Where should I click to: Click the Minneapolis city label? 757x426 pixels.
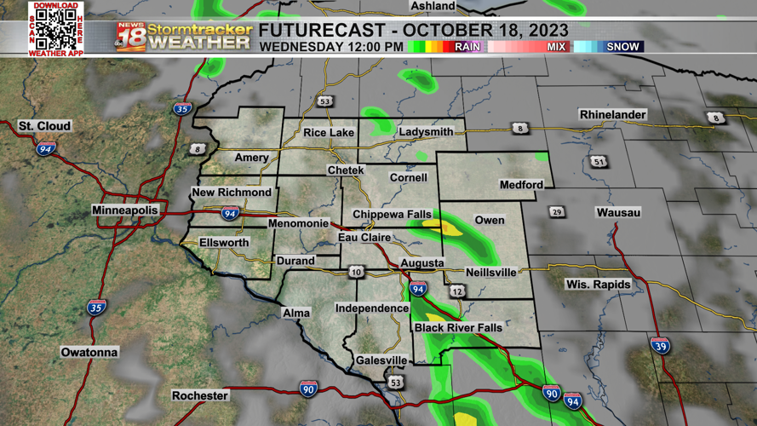125,210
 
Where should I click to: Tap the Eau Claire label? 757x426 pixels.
364,238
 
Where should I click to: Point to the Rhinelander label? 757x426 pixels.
612,114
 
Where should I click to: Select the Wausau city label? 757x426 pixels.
618,212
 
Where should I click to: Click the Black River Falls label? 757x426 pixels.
458,328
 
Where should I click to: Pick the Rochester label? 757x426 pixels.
200,395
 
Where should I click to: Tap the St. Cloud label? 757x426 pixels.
45,126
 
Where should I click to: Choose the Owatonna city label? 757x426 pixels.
89,352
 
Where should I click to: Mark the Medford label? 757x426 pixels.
521,184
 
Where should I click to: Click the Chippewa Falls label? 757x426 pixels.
392,213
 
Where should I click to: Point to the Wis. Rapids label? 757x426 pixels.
599,284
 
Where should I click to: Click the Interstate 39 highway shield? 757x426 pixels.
660,345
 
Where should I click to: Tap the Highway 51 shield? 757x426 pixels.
599,162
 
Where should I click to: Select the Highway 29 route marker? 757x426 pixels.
557,212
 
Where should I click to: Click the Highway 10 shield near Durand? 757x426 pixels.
356,273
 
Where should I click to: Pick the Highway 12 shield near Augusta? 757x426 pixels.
457,291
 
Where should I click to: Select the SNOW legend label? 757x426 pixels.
622,47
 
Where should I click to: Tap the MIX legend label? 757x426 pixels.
556,47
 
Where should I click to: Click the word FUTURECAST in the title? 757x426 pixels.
323,31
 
